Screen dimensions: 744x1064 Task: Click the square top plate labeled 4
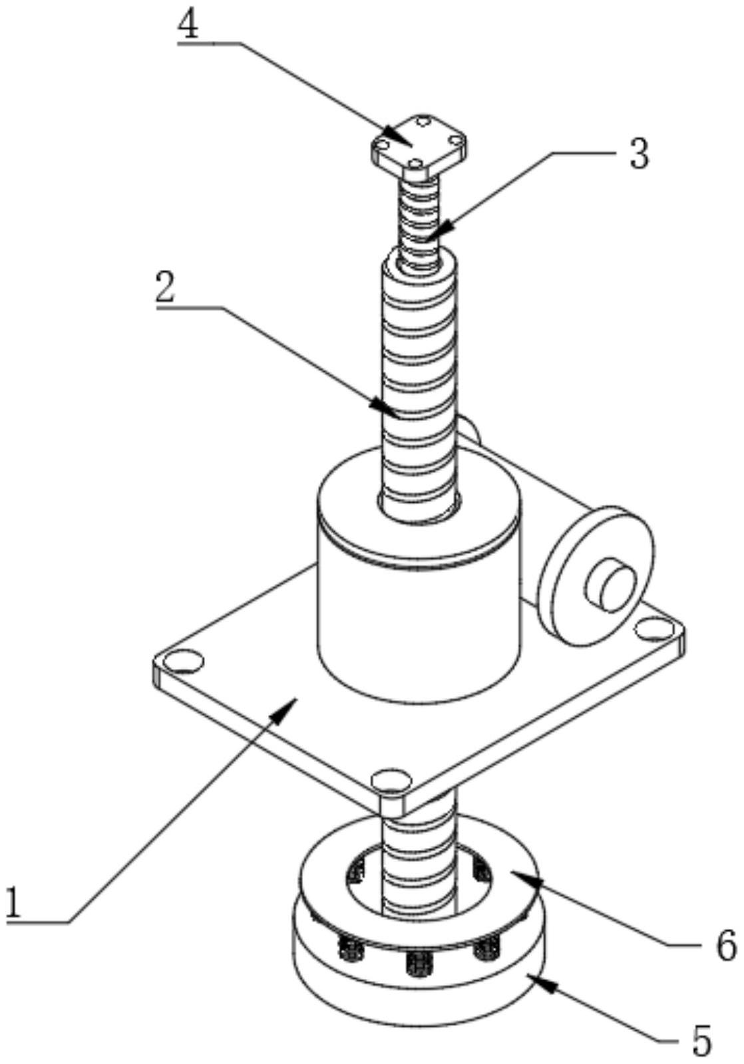coord(418,146)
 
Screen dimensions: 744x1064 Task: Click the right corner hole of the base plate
coord(655,628)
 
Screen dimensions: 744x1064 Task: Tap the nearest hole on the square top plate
coord(415,164)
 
